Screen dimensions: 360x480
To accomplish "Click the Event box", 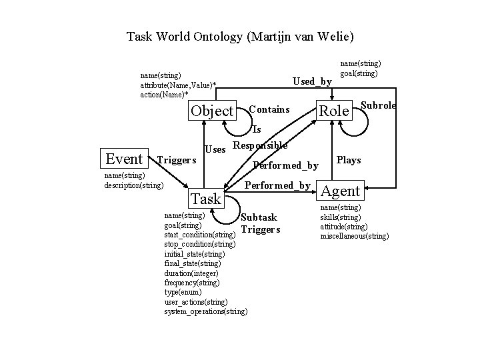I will pos(125,159).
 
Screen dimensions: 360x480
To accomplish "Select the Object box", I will pos(212,111).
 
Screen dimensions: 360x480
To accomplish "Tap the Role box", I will pos(333,111).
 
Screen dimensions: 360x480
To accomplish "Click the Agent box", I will pos(341,191).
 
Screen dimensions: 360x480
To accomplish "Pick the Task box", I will pos(205,199).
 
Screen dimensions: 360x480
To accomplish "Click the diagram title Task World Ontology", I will pos(240,36).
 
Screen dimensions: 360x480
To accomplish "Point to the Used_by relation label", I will pos(313,81).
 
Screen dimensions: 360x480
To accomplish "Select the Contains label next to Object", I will pos(269,109).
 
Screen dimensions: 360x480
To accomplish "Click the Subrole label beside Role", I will pos(378,105).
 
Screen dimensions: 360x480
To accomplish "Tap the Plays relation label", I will pos(349,160).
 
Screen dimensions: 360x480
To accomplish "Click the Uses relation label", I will pos(215,149).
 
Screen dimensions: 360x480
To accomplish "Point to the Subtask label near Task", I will pos(259,217).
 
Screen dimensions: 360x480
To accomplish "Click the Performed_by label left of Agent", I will pos(278,185).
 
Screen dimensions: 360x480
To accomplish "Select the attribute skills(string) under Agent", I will pos(340,218).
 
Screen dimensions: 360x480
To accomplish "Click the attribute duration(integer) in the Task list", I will pos(191,273).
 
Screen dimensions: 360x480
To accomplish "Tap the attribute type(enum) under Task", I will pos(183,292).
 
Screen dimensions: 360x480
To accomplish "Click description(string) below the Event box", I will pos(134,185).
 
